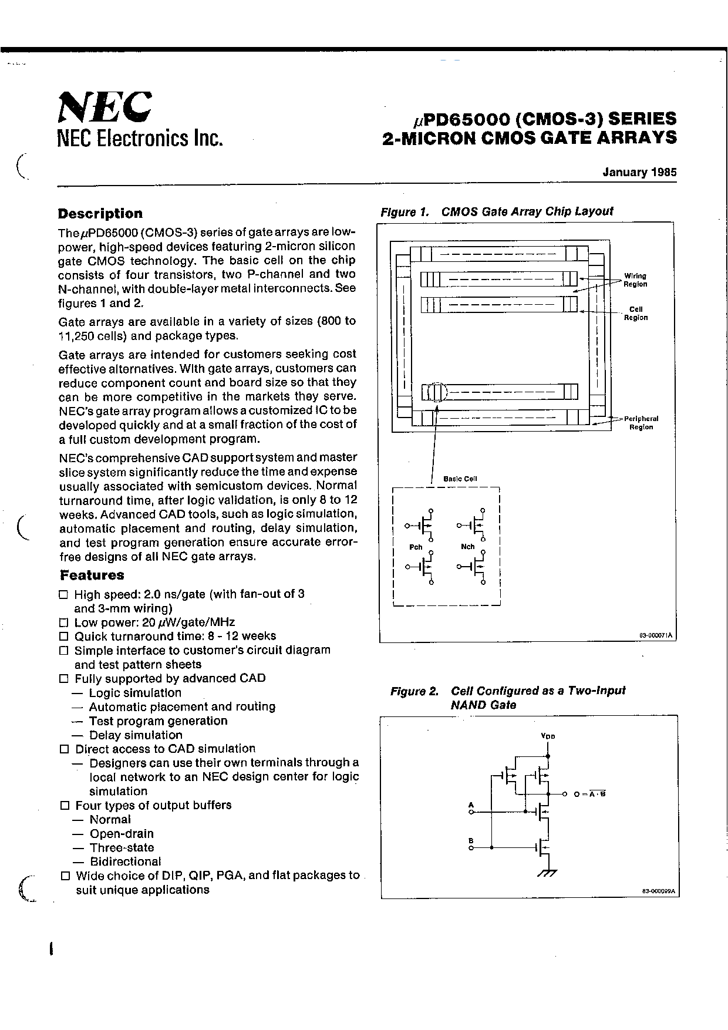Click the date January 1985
click(639, 173)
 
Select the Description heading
click(100, 214)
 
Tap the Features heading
click(92, 575)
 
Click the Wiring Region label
click(635, 280)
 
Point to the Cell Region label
click(636, 314)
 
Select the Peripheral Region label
click(641, 423)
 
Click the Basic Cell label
click(460, 479)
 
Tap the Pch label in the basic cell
click(416, 547)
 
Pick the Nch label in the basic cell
click(467, 547)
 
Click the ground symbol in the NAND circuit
click(547, 873)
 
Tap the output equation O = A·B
click(589, 794)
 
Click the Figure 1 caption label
click(406, 212)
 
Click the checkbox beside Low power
click(64, 622)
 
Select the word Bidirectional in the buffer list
click(125, 861)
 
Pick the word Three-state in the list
click(122, 847)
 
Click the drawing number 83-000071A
click(656, 636)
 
